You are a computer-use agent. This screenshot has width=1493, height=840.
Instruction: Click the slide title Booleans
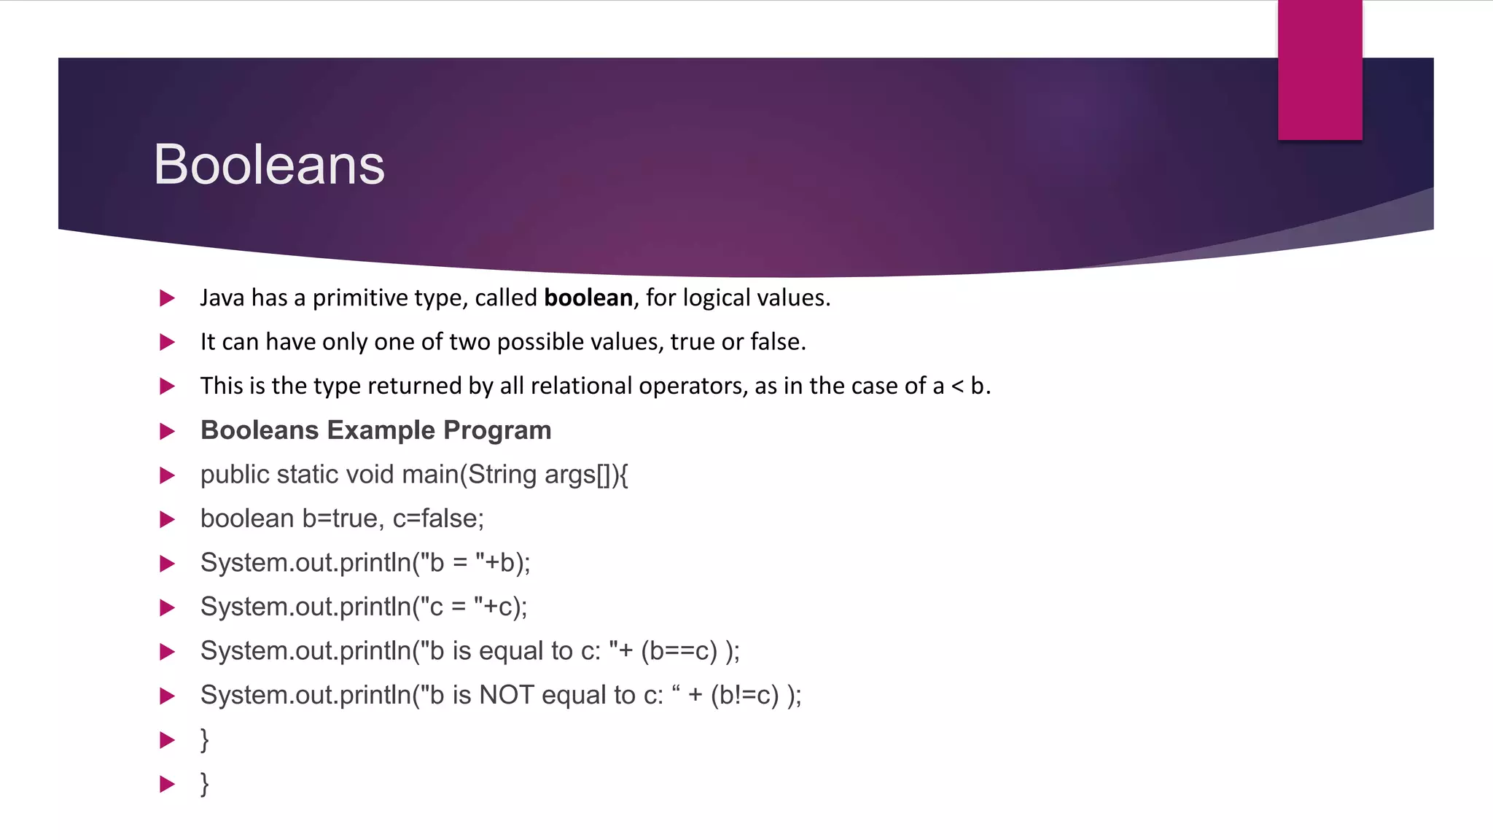(x=269, y=165)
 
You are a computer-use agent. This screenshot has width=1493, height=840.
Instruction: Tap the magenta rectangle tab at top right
(x=1319, y=69)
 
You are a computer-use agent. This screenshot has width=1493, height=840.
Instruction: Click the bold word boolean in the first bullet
(x=588, y=297)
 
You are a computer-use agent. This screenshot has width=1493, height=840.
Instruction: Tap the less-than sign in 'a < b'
(x=957, y=386)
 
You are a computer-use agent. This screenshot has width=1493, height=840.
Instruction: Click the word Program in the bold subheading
(x=497, y=430)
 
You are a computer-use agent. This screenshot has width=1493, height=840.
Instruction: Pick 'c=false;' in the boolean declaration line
(x=438, y=518)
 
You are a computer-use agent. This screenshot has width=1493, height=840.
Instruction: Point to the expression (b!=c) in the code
(x=745, y=695)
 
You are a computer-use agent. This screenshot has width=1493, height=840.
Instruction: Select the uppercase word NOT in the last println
(x=507, y=695)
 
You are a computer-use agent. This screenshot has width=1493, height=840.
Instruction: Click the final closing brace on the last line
(x=205, y=784)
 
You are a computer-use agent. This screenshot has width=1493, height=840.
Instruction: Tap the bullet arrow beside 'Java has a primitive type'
(x=167, y=298)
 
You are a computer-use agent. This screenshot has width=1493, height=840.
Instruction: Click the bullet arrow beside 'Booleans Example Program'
(x=167, y=431)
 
